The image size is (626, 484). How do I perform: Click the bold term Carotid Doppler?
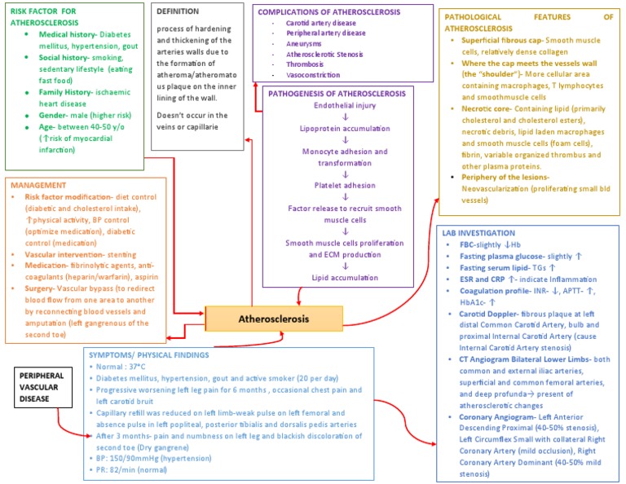point(488,312)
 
